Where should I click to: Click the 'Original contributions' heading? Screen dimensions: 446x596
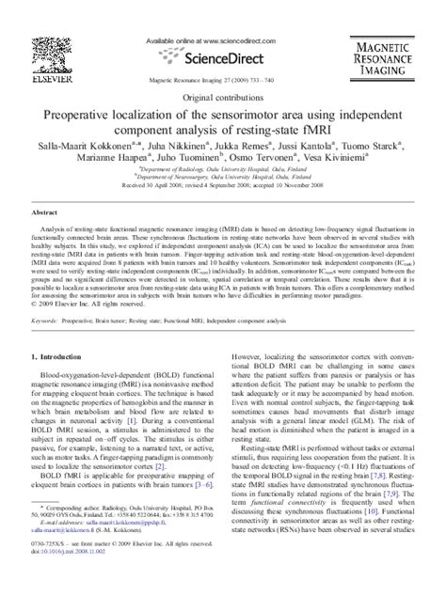coord(223,98)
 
